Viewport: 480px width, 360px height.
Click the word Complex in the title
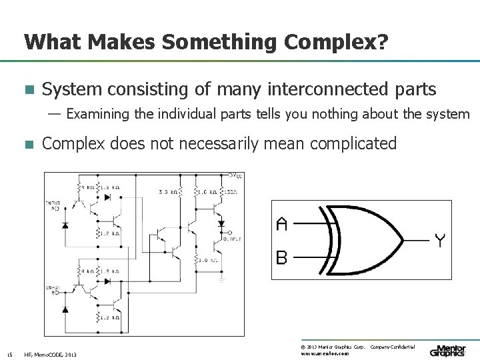[x=330, y=43]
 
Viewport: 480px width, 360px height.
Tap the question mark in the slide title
[x=381, y=43]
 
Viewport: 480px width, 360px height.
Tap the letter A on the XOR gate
[x=281, y=224]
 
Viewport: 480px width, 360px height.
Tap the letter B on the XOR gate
[x=281, y=257]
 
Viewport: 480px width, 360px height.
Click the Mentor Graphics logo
[x=447, y=350]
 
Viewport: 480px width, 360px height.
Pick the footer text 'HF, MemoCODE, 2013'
[x=50, y=354]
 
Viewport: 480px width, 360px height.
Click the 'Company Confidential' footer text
[x=393, y=347]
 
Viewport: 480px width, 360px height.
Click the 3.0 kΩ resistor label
[x=167, y=192]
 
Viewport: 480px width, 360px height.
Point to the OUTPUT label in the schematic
[x=233, y=238]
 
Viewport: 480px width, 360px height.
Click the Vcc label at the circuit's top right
[x=235, y=175]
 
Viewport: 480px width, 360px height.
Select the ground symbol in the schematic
[x=222, y=279]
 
